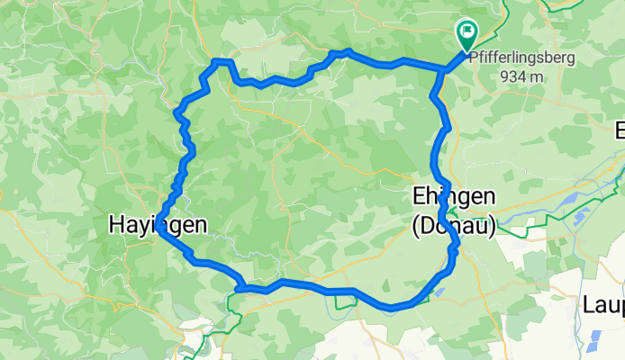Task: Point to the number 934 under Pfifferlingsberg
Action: tap(514, 76)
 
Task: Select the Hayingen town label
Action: tap(151, 225)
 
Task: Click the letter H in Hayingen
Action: tap(117, 225)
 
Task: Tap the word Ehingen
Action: tap(454, 197)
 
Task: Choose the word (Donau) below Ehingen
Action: tap(454, 228)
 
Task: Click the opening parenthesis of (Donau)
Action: tap(415, 228)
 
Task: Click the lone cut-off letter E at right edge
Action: tap(620, 131)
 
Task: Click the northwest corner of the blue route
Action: tap(216, 62)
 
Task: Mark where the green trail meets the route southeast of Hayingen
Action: tap(241, 288)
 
